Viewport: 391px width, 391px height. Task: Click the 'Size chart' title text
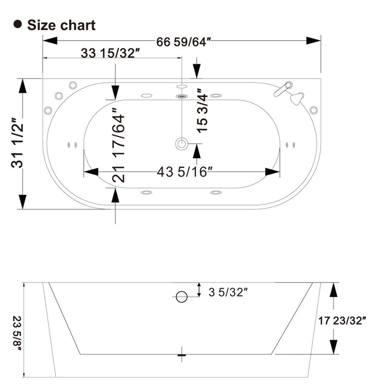[x=61, y=25]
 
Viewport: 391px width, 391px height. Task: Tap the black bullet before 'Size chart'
[x=18, y=25]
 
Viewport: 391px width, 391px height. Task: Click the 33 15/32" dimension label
[x=111, y=54]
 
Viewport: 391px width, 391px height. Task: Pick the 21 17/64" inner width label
[x=118, y=145]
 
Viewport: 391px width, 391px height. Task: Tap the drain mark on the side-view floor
[x=180, y=354]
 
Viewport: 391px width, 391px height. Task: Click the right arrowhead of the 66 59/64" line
[x=316, y=41]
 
